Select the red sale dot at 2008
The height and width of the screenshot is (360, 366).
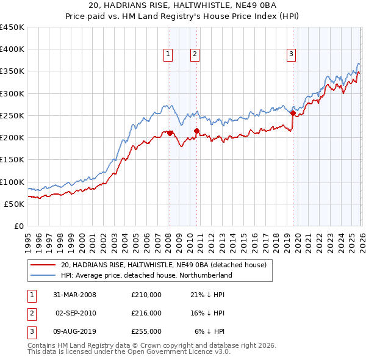click(170, 133)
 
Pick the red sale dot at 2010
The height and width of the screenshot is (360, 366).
click(196, 131)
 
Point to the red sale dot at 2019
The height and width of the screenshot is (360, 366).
click(293, 113)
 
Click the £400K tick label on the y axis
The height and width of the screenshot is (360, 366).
click(12, 49)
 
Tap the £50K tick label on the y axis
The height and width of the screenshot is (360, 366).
click(15, 204)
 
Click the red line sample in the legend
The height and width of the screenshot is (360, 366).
click(43, 265)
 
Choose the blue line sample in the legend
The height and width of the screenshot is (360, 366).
click(43, 275)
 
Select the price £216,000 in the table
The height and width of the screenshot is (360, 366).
click(146, 313)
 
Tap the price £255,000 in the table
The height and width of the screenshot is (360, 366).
click(146, 331)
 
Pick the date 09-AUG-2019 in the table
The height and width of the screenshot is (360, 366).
click(73, 331)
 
